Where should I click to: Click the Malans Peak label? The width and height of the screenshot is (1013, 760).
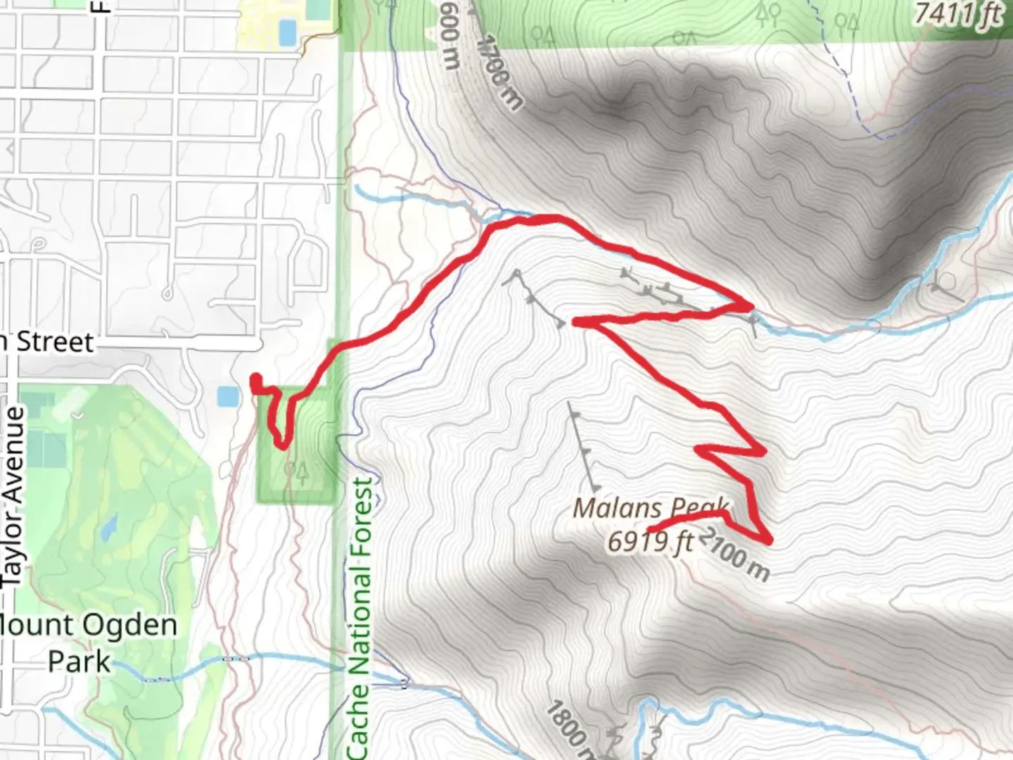point(651,508)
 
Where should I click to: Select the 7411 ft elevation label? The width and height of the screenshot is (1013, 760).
point(959,14)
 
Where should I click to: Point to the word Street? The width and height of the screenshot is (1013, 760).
point(55,342)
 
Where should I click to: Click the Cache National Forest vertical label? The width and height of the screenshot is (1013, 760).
point(359,618)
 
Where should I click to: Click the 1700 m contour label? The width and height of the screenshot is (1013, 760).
point(500,72)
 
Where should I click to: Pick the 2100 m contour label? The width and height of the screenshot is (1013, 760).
point(736,555)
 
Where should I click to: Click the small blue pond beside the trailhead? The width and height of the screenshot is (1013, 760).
point(228,397)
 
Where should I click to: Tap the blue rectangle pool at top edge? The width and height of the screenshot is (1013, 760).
point(288,32)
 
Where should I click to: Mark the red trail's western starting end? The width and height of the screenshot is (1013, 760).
point(255,379)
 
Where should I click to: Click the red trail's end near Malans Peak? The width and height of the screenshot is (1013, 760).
point(649,529)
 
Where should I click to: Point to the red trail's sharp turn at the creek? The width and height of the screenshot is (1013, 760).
point(750,306)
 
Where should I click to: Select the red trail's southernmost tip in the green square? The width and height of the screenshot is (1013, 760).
point(282,445)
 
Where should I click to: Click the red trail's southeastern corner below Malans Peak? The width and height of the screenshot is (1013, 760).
point(769,540)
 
